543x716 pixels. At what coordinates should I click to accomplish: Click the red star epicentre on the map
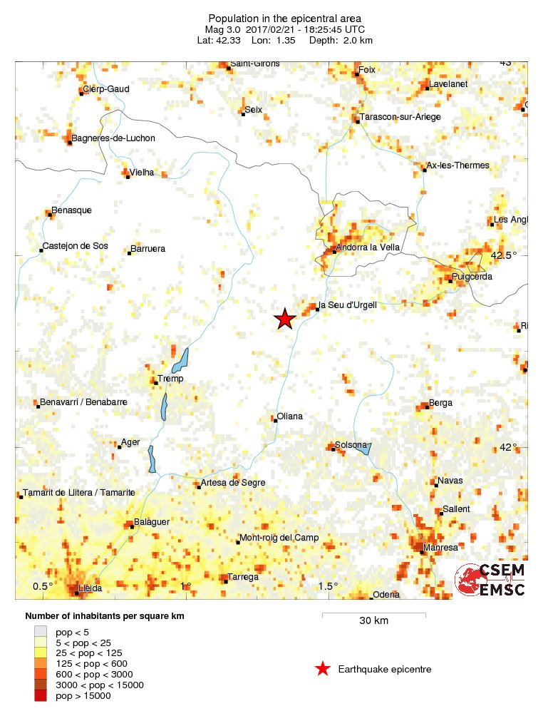[285, 319]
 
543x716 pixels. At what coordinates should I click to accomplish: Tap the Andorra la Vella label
[368, 247]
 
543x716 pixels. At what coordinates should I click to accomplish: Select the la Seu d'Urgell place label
[348, 305]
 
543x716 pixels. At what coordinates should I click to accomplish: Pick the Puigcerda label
[472, 277]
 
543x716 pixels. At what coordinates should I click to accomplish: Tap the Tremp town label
[170, 379]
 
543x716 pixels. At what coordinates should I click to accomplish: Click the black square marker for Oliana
[275, 420]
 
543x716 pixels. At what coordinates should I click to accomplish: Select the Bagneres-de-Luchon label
[114, 138]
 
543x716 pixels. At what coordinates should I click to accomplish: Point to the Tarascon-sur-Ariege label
[401, 117]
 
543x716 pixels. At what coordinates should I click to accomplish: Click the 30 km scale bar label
[373, 621]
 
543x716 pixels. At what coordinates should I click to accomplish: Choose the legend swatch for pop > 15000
[40, 696]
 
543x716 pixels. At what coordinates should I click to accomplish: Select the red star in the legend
[323, 669]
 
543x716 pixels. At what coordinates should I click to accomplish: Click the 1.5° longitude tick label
[328, 586]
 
